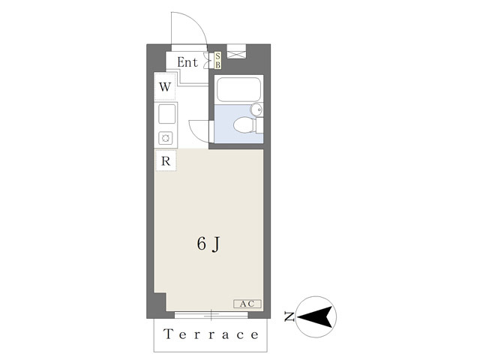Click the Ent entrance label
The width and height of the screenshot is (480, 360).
coord(187,62)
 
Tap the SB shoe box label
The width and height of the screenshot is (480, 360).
coord(217,60)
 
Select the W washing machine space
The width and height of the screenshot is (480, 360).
coord(165,87)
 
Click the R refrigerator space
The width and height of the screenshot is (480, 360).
coord(166,160)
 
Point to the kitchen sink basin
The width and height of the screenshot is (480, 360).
coord(166,114)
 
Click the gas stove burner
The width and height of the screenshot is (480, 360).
coord(166,138)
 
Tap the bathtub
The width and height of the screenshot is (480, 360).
coord(238,89)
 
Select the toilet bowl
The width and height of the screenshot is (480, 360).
coord(244,125)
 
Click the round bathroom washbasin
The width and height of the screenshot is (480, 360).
coord(256,109)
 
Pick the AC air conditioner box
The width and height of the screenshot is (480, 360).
coord(247,304)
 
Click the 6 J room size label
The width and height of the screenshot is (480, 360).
coord(208,244)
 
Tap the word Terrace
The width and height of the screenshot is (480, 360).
coord(211,334)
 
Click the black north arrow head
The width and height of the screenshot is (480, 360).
coord(315,316)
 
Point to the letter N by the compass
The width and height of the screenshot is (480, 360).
coord(289,316)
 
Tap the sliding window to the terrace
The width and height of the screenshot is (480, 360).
coord(211,315)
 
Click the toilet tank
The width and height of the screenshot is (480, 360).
coord(259,125)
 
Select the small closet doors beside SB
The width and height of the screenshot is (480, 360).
coord(210,60)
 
